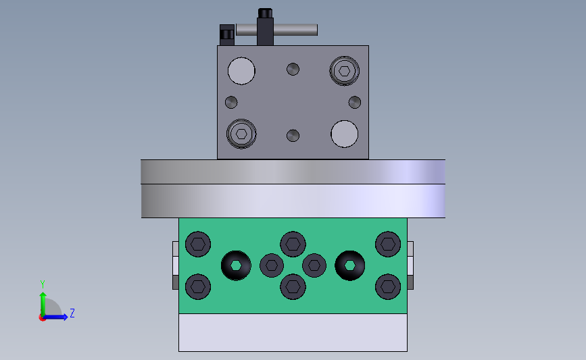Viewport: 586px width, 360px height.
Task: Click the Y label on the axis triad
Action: pyautogui.click(x=43, y=284)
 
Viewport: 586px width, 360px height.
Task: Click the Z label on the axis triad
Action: pyautogui.click(x=72, y=313)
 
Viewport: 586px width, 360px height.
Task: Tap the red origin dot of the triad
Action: pyautogui.click(x=42, y=318)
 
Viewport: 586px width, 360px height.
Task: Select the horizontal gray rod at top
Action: pyautogui.click(x=276, y=30)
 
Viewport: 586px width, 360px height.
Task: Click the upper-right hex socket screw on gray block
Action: pyautogui.click(x=344, y=70)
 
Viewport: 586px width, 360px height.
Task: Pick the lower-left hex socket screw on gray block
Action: pyautogui.click(x=241, y=134)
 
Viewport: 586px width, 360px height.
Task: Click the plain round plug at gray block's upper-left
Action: pyautogui.click(x=241, y=71)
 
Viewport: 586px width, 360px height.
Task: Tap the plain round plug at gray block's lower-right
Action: pyautogui.click(x=344, y=134)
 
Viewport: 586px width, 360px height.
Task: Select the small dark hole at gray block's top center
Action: pyautogui.click(x=293, y=69)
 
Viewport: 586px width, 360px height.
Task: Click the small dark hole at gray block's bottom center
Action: pyautogui.click(x=293, y=136)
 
